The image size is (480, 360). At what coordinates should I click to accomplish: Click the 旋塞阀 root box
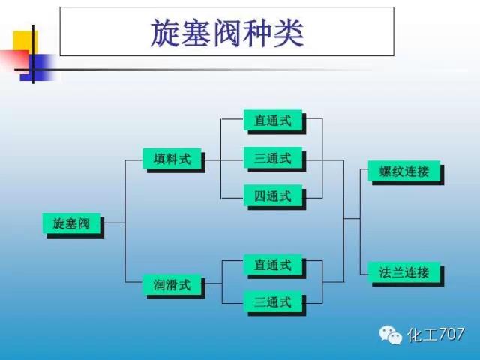72,223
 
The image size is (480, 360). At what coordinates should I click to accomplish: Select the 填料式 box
172,159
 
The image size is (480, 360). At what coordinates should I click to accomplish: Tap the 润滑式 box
172,285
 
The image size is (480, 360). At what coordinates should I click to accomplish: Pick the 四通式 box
273,196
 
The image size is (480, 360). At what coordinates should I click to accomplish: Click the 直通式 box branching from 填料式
273,120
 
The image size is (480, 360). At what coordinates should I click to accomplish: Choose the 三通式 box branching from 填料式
273,158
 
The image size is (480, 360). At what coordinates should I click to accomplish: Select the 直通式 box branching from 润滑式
273,265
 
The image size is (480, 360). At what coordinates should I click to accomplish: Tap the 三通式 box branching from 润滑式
273,302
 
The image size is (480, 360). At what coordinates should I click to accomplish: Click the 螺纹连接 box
404,171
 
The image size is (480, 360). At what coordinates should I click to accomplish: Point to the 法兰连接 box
404,272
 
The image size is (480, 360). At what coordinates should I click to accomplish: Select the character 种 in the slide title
257,33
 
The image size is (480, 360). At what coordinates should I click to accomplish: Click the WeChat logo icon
390,334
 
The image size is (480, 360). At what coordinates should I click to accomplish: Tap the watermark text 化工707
436,334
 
